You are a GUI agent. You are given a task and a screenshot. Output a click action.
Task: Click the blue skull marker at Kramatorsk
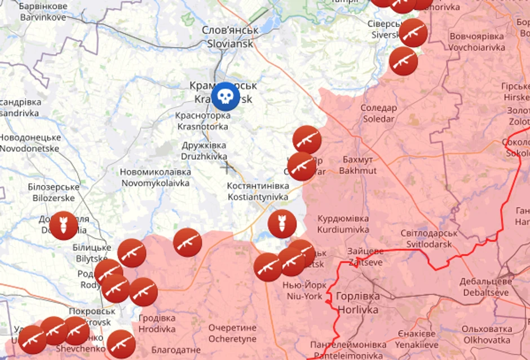pyautogui.click(x=226, y=96)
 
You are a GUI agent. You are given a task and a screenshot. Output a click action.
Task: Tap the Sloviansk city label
pyautogui.click(x=230, y=37)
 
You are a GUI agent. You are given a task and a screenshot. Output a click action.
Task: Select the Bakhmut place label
pyautogui.click(x=357, y=164)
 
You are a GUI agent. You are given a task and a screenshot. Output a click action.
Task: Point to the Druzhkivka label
pyautogui.click(x=204, y=151)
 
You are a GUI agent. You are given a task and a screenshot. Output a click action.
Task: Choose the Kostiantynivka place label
pyautogui.click(x=258, y=191)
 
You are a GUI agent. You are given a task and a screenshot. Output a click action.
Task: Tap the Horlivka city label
pyautogui.click(x=358, y=302)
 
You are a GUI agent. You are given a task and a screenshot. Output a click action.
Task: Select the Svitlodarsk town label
pyautogui.click(x=429, y=239)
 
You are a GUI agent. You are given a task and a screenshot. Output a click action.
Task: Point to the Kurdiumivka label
pyautogui.click(x=343, y=224)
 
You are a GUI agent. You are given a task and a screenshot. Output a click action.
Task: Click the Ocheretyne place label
pyautogui.click(x=232, y=333)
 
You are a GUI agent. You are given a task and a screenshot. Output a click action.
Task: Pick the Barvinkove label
pyautogui.click(x=43, y=12)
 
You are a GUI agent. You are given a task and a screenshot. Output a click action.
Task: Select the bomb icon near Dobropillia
pyautogui.click(x=63, y=226)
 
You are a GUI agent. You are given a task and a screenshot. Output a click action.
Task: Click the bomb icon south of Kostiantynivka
pyautogui.click(x=282, y=223)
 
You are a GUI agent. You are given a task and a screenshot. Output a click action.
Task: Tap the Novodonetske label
pyautogui.click(x=29, y=143)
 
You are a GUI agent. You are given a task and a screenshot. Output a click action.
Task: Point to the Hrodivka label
pyautogui.click(x=157, y=323)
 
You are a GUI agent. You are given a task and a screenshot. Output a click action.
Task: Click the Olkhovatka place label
pyautogui.click(x=487, y=335)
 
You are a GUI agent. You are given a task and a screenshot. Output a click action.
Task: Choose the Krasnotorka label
pyautogui.click(x=202, y=121)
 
